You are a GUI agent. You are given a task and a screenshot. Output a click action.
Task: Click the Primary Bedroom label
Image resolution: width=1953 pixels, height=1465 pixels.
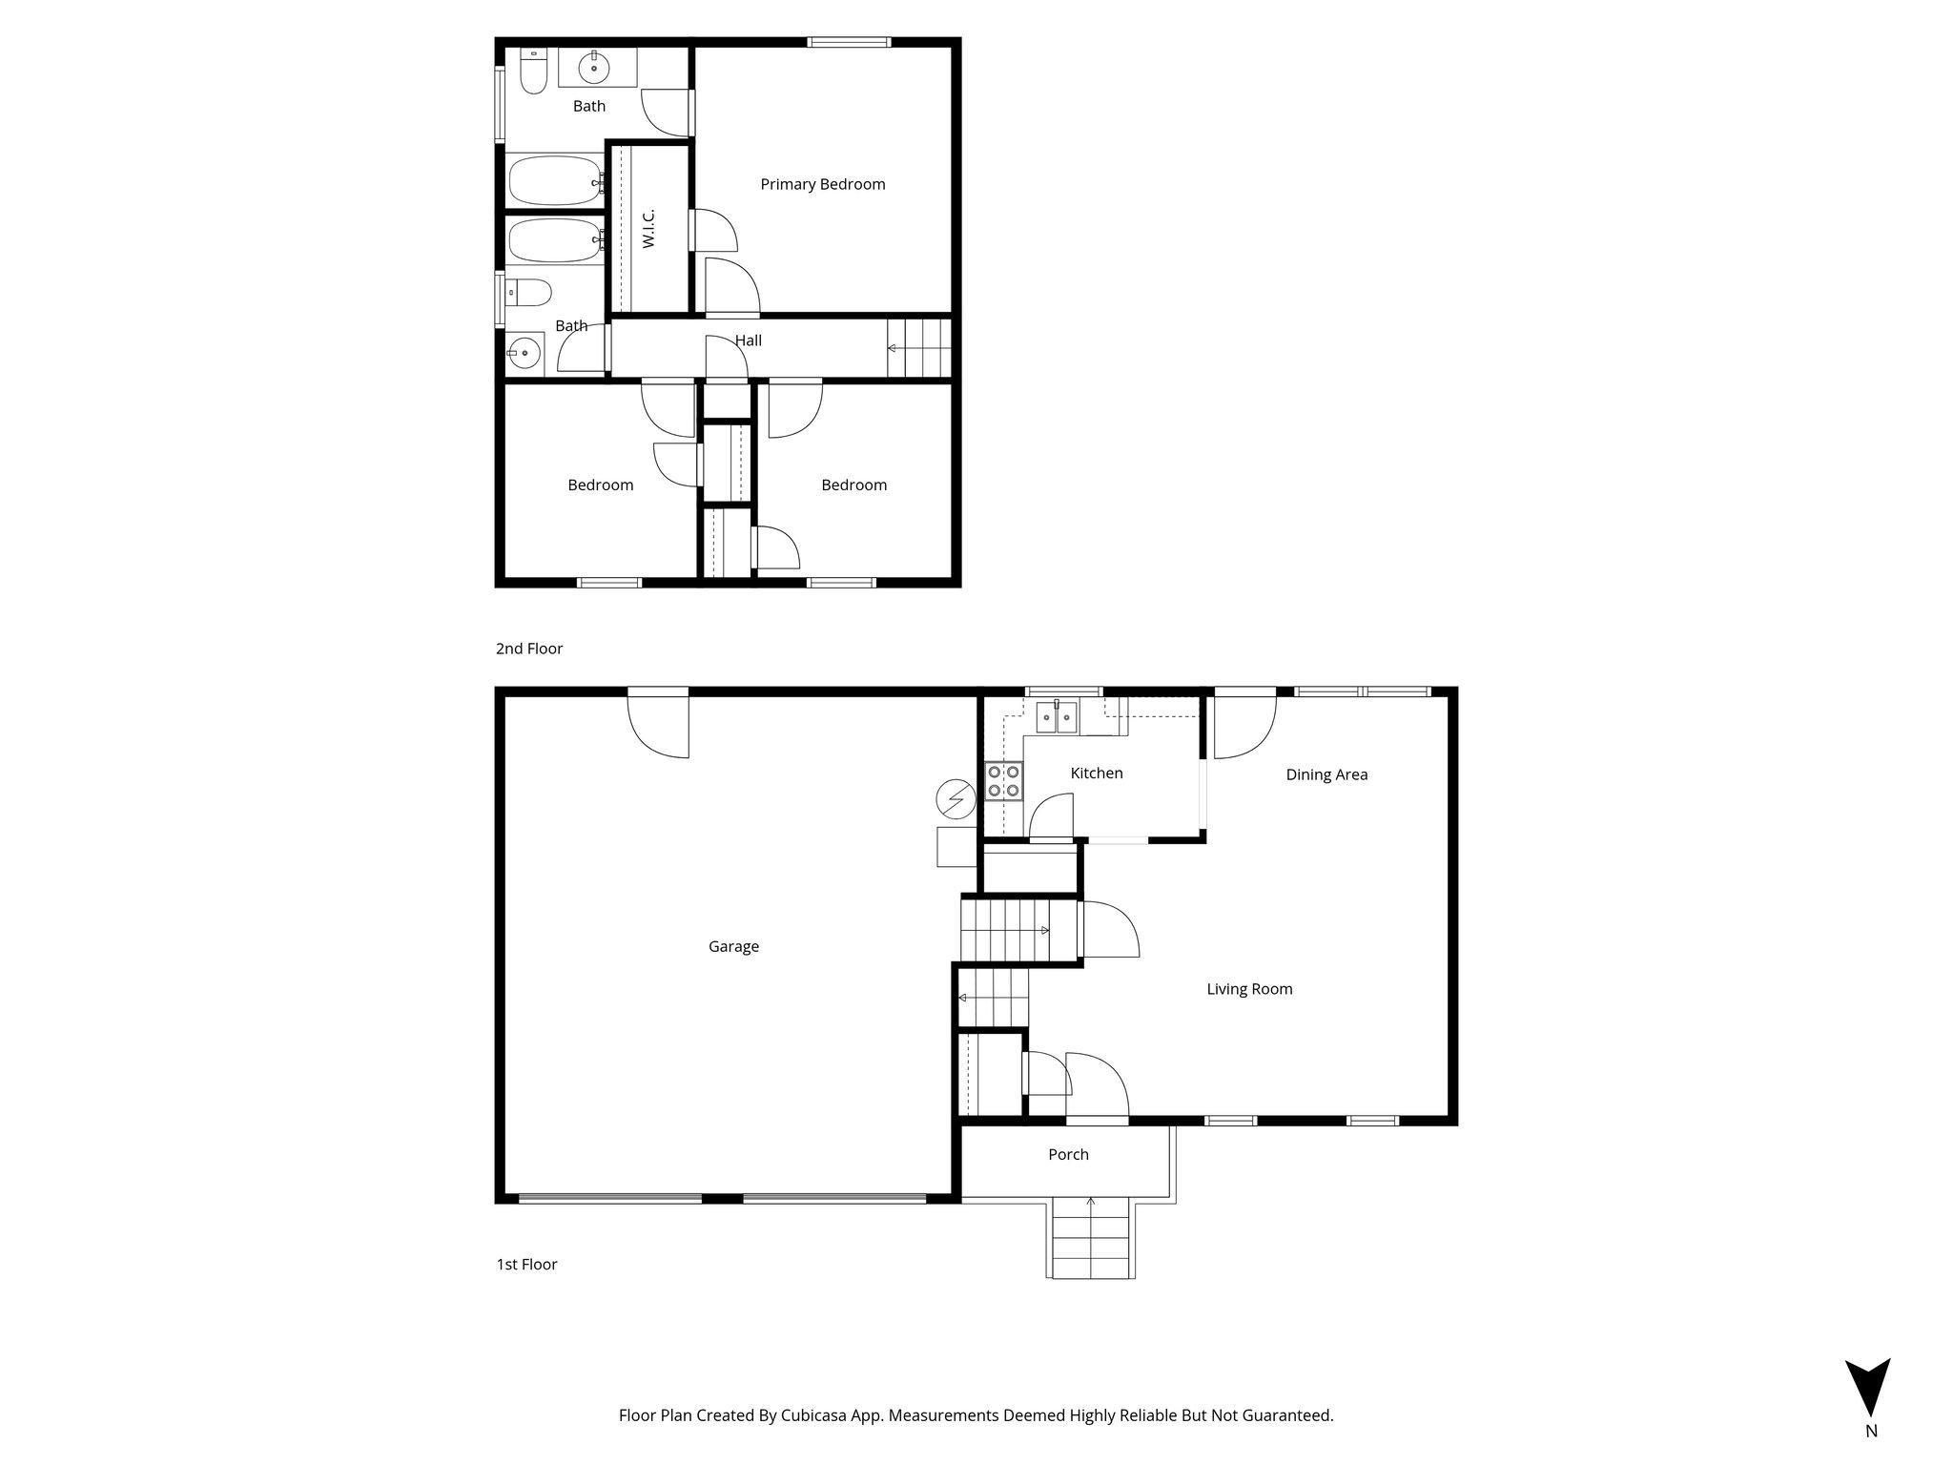point(822,184)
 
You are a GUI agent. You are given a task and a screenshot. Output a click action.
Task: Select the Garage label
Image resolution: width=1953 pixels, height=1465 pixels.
point(733,946)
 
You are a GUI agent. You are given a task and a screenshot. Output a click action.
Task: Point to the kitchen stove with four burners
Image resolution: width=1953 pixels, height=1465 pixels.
point(1003,780)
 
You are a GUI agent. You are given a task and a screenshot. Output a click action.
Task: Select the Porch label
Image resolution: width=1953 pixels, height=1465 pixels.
point(1068,1154)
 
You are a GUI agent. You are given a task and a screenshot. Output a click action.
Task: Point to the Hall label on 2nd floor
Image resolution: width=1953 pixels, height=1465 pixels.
point(748,340)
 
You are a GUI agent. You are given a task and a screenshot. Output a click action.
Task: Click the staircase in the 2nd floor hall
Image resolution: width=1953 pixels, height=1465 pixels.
point(919,348)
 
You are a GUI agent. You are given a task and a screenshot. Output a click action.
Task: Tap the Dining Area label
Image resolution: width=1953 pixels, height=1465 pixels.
point(1326,774)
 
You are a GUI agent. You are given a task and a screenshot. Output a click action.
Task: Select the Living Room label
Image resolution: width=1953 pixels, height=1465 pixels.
point(1249,989)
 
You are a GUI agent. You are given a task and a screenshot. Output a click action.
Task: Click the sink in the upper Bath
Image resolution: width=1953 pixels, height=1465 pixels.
point(594,68)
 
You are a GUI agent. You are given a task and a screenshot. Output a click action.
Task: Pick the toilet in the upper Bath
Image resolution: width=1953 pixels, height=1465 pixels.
point(533,72)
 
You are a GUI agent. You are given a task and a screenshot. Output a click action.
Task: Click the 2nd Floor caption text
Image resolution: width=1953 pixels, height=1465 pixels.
point(529,649)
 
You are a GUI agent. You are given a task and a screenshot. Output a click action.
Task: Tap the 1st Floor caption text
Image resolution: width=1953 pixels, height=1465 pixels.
point(526,1265)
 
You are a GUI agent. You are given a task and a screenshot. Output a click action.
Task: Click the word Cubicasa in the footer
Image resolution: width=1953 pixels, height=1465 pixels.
point(817,1415)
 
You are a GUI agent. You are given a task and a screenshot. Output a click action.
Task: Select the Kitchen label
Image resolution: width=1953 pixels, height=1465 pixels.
point(1097,774)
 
